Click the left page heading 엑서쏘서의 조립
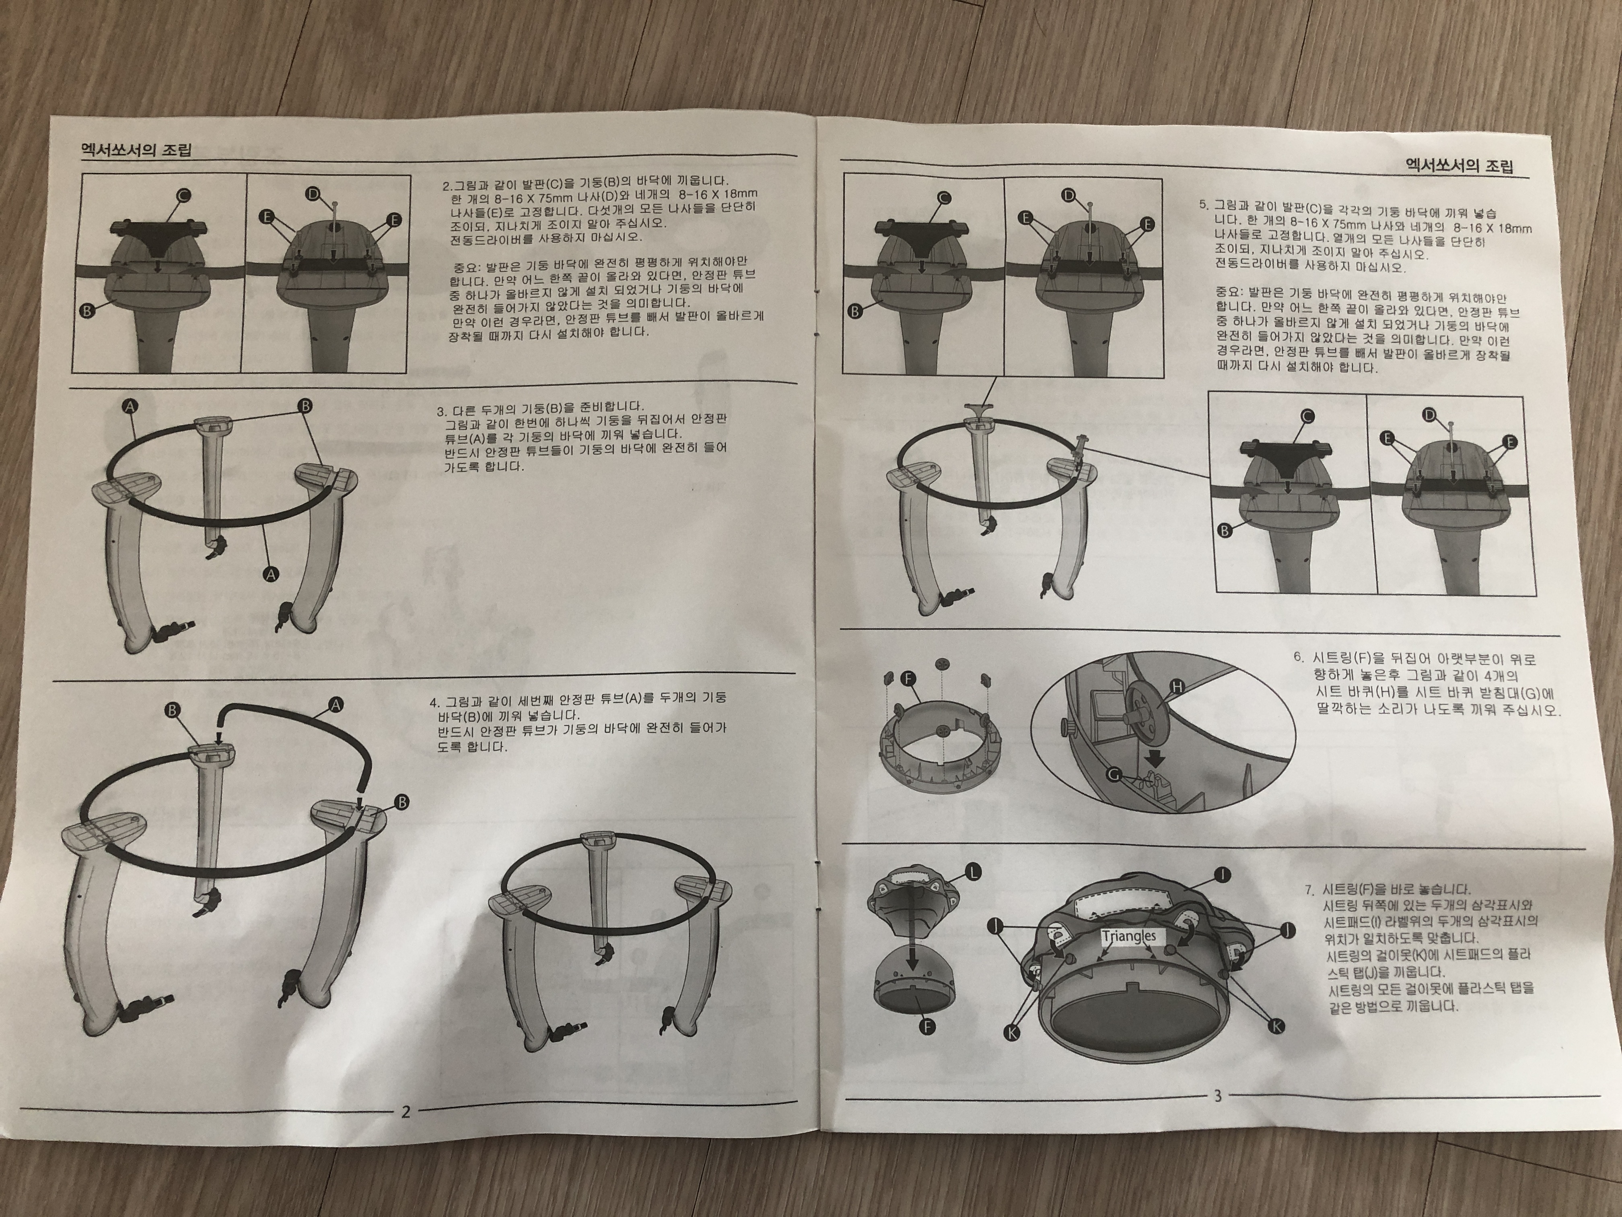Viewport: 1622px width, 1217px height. pos(136,151)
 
